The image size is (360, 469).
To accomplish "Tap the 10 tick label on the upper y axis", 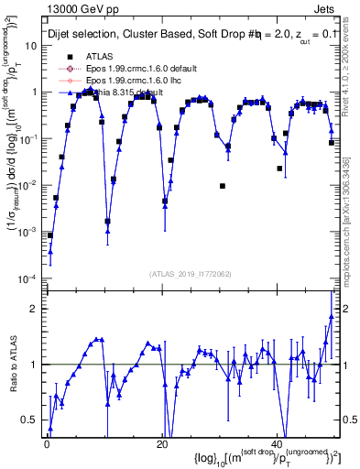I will point(30,45).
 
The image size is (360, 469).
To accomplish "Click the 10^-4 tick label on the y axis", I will point(27,278).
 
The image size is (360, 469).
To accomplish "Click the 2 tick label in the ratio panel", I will point(35,308).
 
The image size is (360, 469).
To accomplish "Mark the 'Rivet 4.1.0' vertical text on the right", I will point(352,69).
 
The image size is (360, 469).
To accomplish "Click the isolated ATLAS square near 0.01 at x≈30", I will point(223,186).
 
